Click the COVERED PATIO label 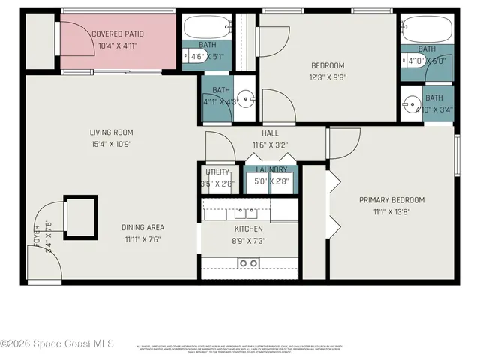pos(118,34)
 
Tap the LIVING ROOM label pos(111,133)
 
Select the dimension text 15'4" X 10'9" pos(111,145)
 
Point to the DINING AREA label pos(142,227)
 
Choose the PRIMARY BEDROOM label pos(391,200)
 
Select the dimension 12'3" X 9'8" pos(328,77)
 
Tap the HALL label pos(270,133)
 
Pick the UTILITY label pos(217,172)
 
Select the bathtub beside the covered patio pos(206,28)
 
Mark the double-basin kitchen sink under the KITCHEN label pos(248,262)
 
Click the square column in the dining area pos(80,217)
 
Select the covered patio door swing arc pos(76,37)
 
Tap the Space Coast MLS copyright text pos(57,343)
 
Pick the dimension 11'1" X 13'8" pos(391,212)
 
